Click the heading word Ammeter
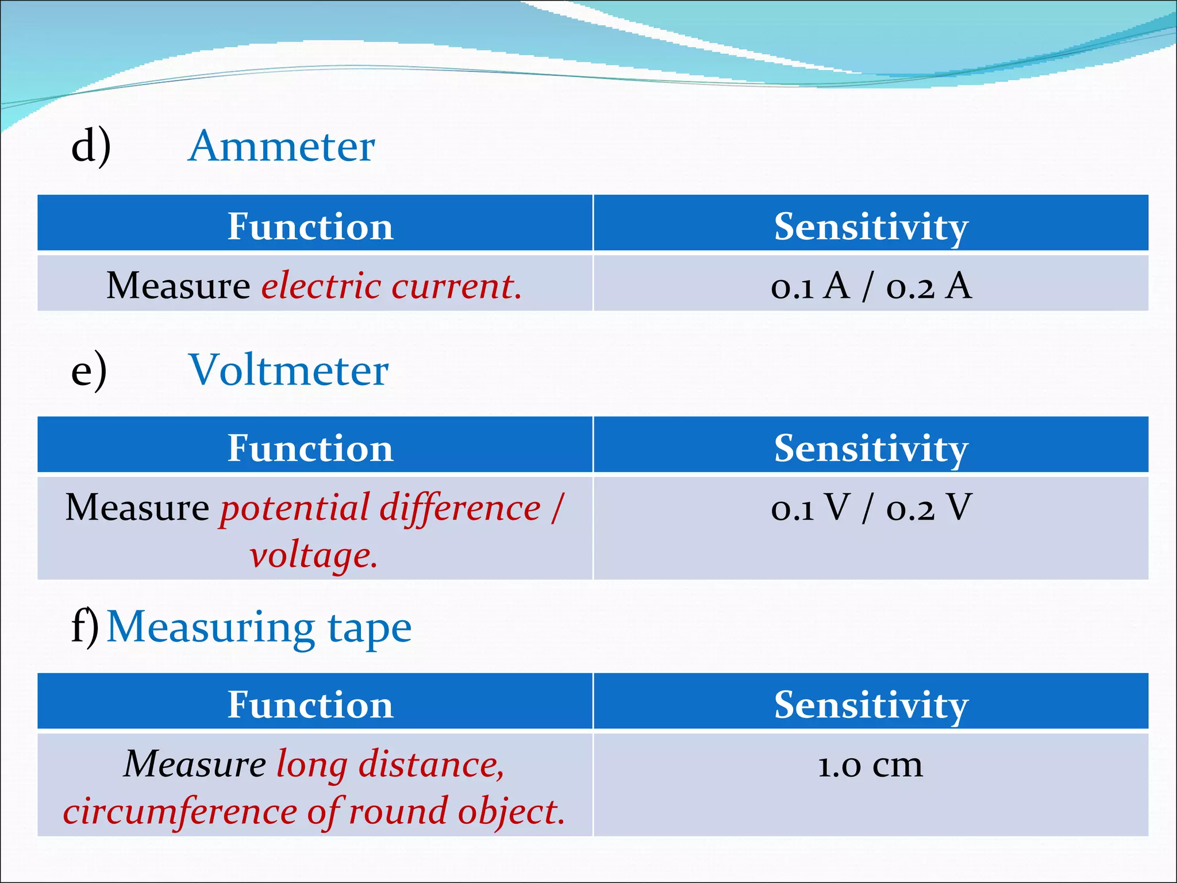pyautogui.click(x=282, y=147)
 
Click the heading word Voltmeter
pyautogui.click(x=289, y=370)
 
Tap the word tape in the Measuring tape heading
pyautogui.click(x=370, y=628)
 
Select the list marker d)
pyautogui.click(x=91, y=147)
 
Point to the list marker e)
pyautogui.click(x=89, y=370)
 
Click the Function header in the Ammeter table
pyautogui.click(x=310, y=226)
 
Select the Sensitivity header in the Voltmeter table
pyautogui.click(x=871, y=448)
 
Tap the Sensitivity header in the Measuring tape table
pyautogui.click(x=871, y=705)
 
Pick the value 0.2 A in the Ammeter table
pyautogui.click(x=929, y=286)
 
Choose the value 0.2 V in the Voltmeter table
pyautogui.click(x=929, y=508)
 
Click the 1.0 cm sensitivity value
pyautogui.click(x=870, y=765)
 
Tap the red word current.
pyautogui.click(x=456, y=286)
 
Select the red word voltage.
pyautogui.click(x=314, y=555)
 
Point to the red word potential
pyautogui.click(x=294, y=508)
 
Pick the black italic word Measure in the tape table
pyautogui.click(x=195, y=765)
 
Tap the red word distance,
pyautogui.click(x=431, y=765)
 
